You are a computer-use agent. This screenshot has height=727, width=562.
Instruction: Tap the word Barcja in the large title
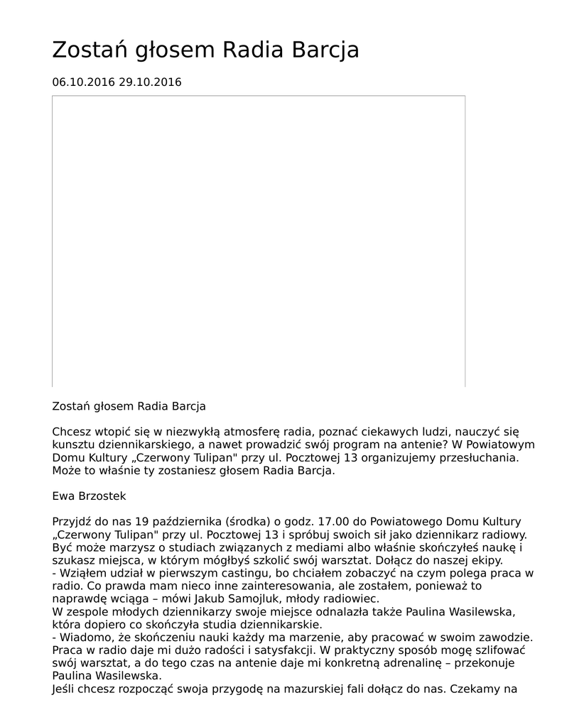click(325, 50)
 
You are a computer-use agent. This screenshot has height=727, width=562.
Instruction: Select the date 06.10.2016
click(83, 82)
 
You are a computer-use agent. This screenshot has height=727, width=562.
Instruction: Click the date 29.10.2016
click(150, 82)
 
